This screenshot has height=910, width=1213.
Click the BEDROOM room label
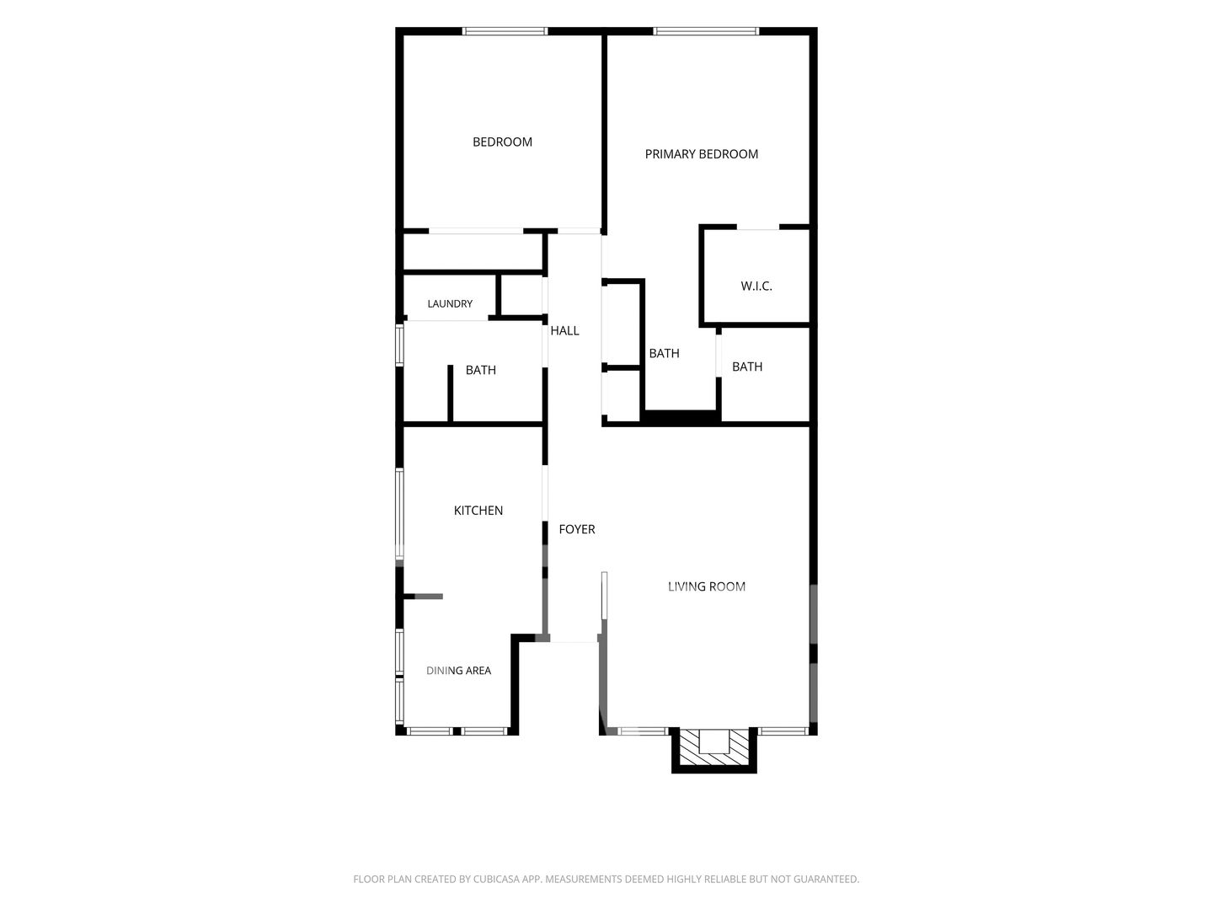click(x=502, y=142)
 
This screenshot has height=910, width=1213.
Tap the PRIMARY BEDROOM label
click(x=701, y=154)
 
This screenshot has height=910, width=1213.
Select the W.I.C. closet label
click(x=756, y=286)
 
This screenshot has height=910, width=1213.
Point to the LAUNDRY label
click(x=449, y=304)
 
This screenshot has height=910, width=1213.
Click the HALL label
click(x=564, y=331)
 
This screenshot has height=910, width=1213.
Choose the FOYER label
click(x=576, y=529)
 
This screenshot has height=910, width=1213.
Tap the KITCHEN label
click(x=478, y=511)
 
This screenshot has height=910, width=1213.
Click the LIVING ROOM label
click(x=706, y=586)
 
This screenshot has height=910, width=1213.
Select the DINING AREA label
click(x=458, y=671)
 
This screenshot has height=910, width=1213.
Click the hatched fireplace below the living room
click(x=713, y=749)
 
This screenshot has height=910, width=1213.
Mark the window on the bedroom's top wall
click(x=505, y=31)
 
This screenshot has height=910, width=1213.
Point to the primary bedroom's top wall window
click(x=706, y=31)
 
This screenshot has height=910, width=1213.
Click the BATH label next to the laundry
click(x=480, y=370)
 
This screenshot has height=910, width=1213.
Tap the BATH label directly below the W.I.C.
click(x=746, y=367)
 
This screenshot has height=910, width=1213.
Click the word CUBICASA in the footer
click(x=496, y=879)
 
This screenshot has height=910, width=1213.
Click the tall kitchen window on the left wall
click(x=399, y=514)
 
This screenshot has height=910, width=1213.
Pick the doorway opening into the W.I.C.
click(x=757, y=227)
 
